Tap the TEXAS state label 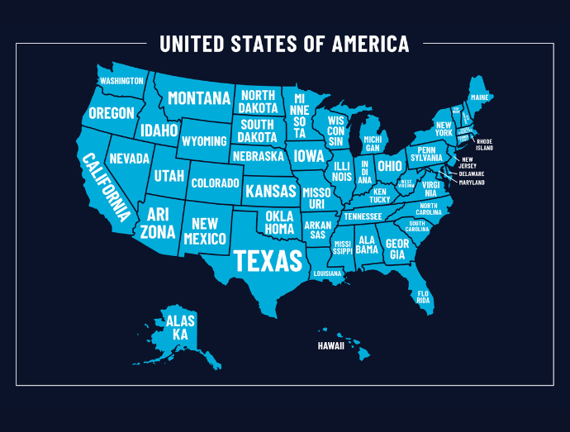[268, 260]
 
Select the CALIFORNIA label [105, 188]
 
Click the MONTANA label [199, 98]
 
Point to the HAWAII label [330, 346]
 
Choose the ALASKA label [180, 327]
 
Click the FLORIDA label [424, 297]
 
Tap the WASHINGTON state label [121, 81]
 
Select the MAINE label [479, 97]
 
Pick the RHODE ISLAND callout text [484, 145]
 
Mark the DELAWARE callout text [472, 173]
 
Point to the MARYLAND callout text [472, 182]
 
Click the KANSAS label [270, 192]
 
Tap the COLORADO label [215, 183]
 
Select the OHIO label [390, 166]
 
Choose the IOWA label [309, 155]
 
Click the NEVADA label [129, 158]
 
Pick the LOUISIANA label [327, 273]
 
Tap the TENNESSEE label [363, 216]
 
